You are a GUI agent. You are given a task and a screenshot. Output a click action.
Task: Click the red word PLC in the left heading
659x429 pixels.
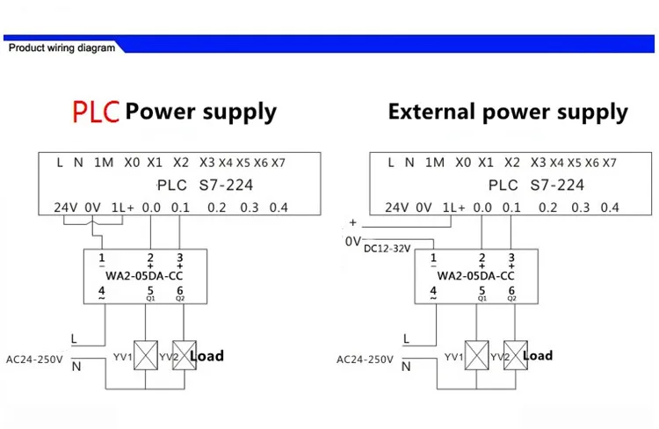96,112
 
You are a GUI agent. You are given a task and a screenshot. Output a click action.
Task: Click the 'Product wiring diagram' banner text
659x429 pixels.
62,48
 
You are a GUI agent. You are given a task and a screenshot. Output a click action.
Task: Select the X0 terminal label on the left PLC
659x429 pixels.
132,163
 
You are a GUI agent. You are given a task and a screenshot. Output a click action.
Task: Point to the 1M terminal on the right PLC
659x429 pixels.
435,163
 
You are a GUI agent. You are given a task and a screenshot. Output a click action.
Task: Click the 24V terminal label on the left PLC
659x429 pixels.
66,207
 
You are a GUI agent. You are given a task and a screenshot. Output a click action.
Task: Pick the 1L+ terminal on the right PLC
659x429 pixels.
454,207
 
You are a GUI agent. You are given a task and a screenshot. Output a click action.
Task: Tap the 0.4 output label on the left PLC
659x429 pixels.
279,207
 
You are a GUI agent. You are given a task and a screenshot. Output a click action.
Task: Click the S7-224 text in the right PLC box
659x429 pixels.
557,185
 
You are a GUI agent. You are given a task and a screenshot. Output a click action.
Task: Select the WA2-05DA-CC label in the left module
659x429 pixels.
144,276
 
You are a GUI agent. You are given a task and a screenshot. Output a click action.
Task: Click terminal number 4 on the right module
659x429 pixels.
433,293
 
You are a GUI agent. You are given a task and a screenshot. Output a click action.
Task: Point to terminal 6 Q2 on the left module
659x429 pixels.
180,293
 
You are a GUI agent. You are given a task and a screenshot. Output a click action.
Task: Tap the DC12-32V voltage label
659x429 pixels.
387,249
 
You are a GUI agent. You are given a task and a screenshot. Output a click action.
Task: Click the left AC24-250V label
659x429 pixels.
34,360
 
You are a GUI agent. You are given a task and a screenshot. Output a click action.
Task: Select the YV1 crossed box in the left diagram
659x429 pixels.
146,355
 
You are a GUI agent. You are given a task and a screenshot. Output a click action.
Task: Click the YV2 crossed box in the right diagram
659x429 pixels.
515,355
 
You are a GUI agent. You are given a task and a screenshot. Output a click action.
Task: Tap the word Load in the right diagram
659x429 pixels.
538,355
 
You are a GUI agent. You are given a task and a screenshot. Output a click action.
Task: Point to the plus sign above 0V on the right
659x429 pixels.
352,222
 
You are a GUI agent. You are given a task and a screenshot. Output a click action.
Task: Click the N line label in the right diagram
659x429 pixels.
406,367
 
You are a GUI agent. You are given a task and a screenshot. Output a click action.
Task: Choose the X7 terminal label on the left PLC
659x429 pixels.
279,163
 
